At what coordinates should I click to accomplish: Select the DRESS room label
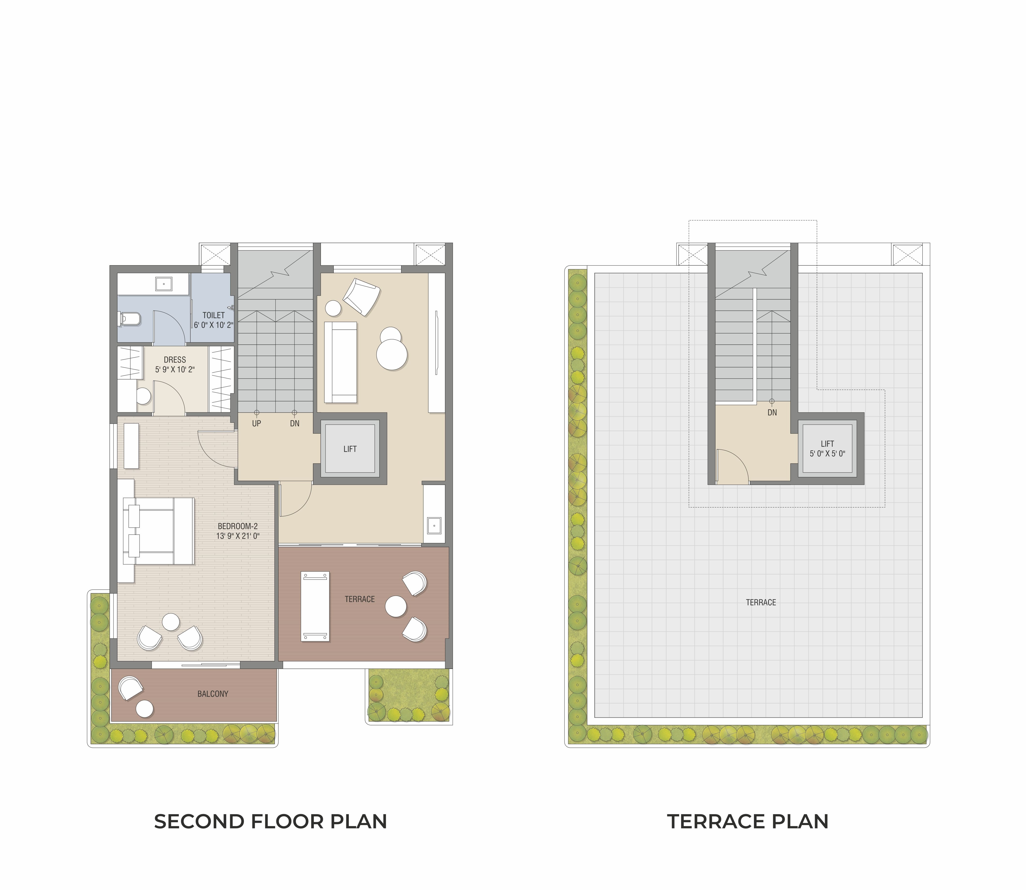click(x=175, y=360)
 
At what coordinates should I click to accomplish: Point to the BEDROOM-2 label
click(x=238, y=526)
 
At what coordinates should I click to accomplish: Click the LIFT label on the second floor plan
click(x=350, y=449)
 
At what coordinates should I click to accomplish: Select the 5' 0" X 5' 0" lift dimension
click(x=827, y=453)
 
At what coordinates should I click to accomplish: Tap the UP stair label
click(x=256, y=424)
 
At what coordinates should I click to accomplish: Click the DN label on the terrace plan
click(x=772, y=412)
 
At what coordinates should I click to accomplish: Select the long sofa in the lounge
click(x=341, y=362)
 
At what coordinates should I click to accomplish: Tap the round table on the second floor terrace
click(x=396, y=606)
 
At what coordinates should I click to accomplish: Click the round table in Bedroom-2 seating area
click(x=171, y=622)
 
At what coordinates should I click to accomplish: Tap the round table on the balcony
click(x=144, y=709)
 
